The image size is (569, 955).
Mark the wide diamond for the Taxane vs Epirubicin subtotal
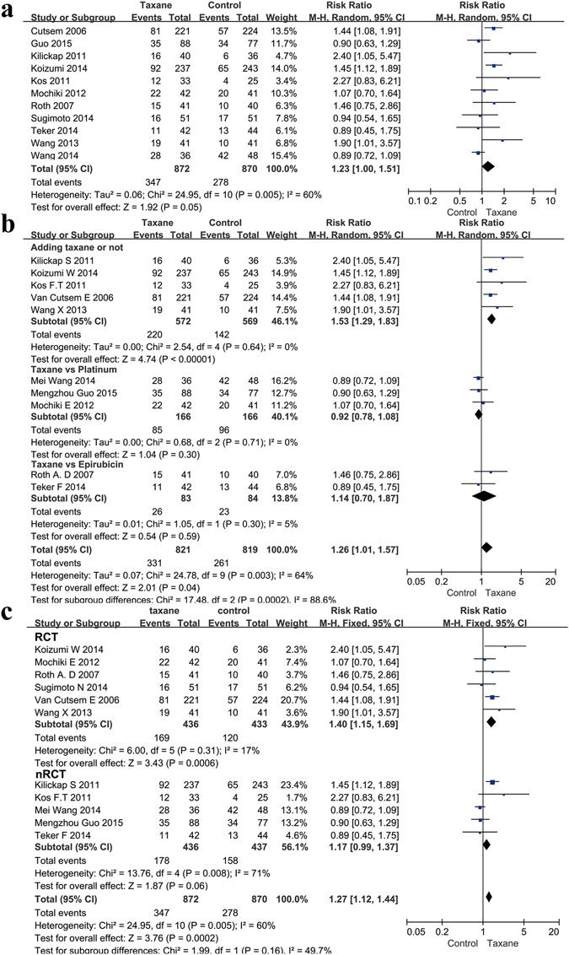(x=490, y=497)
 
